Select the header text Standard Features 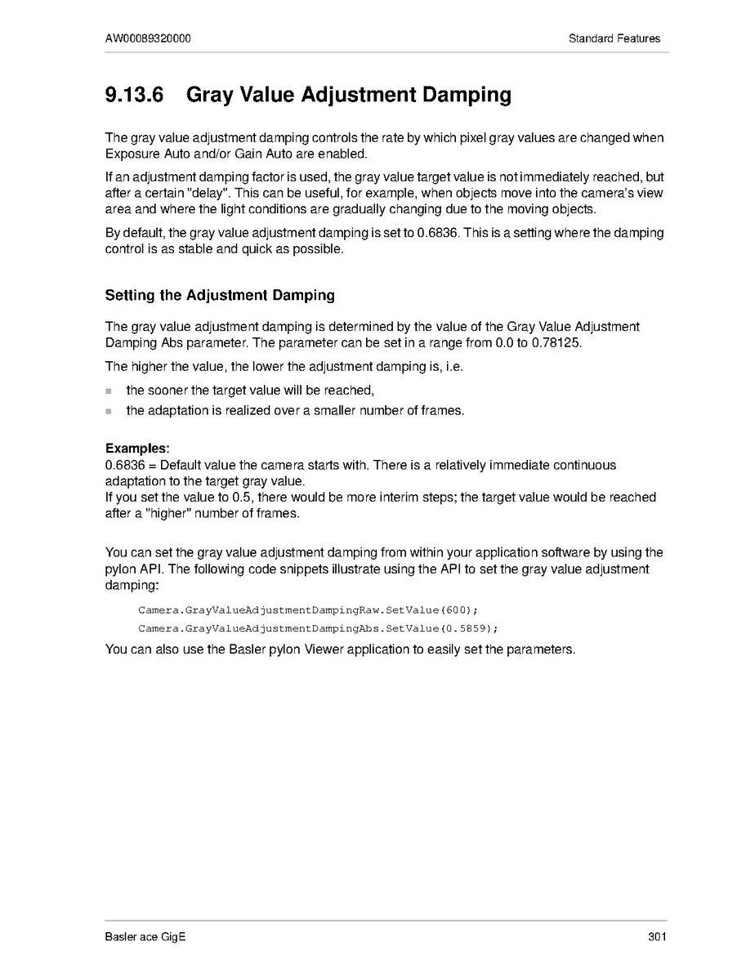(x=614, y=38)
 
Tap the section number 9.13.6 (x=135, y=95)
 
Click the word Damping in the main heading (x=467, y=95)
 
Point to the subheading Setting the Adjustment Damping (x=220, y=295)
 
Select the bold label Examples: (x=138, y=449)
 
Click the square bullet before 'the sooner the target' (x=109, y=391)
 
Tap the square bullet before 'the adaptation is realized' (x=109, y=411)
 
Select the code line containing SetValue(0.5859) (x=318, y=628)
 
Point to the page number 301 (x=657, y=937)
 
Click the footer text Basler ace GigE (x=145, y=937)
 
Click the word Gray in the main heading (x=212, y=95)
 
